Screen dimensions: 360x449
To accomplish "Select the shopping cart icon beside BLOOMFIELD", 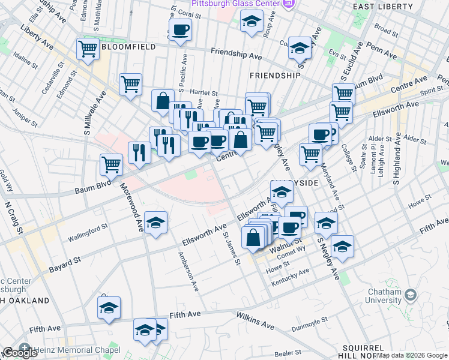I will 88,49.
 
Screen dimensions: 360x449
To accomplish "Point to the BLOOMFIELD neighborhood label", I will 129,46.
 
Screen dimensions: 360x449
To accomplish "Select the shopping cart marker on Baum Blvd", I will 111,164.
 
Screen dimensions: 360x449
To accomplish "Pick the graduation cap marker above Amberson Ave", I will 156,223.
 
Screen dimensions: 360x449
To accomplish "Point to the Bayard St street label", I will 64,263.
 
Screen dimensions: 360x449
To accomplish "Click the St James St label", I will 231,249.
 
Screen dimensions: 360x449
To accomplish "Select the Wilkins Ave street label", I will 255,320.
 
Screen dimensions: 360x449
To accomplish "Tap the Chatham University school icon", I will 410,295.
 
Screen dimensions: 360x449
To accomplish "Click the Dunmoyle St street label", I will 309,324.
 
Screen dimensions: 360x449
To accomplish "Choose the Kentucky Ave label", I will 290,277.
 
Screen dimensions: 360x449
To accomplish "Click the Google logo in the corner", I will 20,353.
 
